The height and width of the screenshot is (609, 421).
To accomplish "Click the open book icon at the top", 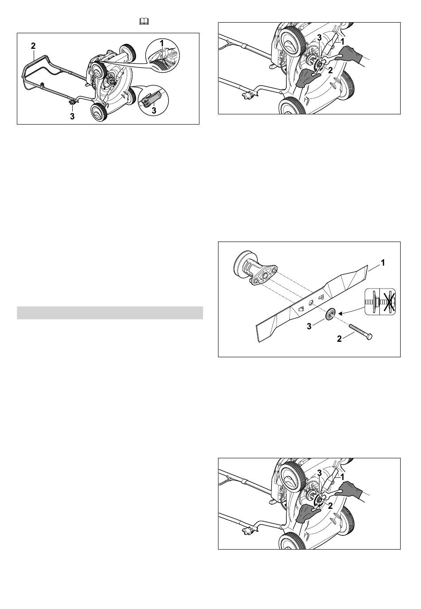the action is [144, 21].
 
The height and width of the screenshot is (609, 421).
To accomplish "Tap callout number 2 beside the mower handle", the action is [33, 46].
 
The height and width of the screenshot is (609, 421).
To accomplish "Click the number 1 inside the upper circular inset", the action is [162, 43].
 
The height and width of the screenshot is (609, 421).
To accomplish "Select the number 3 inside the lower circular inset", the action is [154, 110].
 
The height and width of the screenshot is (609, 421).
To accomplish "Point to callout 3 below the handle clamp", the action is [72, 117].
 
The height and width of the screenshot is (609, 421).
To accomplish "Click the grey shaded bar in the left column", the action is [110, 312].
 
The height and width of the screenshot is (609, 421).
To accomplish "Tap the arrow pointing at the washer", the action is [351, 310].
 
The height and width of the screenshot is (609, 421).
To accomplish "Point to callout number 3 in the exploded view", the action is [309, 326].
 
